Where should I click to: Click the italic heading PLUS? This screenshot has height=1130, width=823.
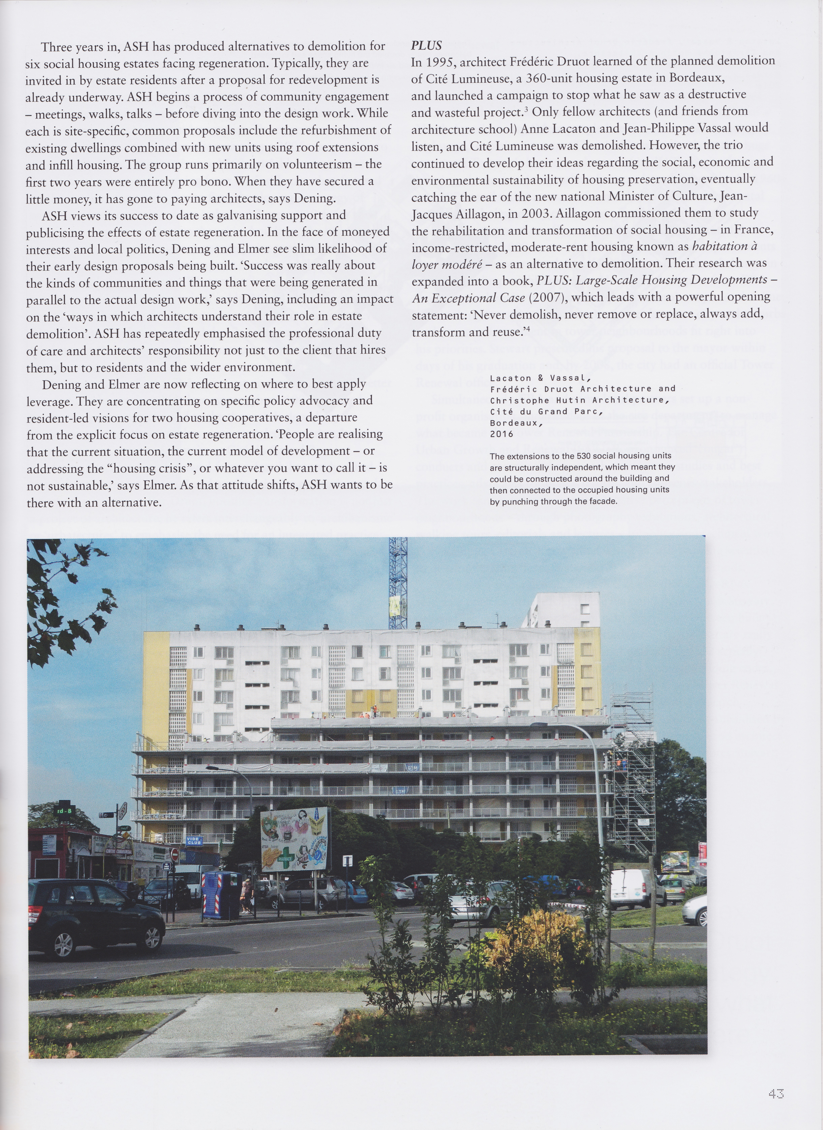point(426,46)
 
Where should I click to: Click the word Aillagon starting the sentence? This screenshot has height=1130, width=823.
point(578,213)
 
